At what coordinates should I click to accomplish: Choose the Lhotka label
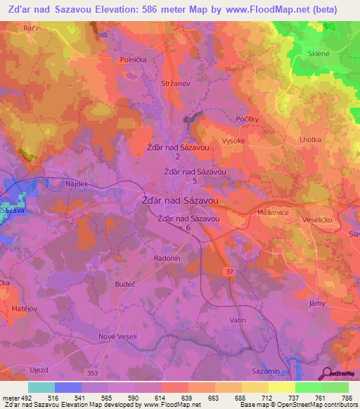point(310,140)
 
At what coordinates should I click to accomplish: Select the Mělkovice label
point(270,211)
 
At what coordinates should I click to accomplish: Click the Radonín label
point(167,258)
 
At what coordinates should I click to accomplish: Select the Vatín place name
point(238,320)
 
